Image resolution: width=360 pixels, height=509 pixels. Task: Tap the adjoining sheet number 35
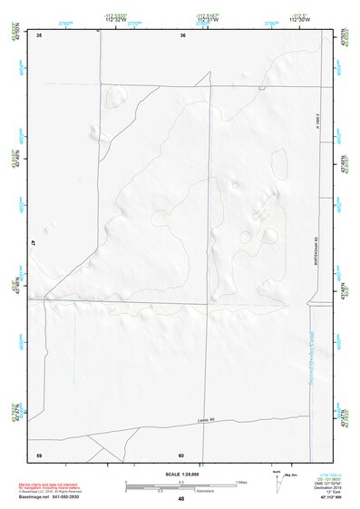click(39, 35)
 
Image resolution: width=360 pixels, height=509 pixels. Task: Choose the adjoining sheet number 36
click(182, 35)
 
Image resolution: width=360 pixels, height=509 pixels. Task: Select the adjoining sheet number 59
click(39, 454)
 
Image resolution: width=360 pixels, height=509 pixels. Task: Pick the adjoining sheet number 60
click(181, 454)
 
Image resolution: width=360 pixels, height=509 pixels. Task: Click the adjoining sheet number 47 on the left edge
click(32, 244)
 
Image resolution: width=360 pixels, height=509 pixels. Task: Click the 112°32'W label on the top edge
click(115, 21)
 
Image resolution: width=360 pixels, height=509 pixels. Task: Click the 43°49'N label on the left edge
click(18, 157)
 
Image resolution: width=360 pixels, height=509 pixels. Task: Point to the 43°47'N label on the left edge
click(18, 410)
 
